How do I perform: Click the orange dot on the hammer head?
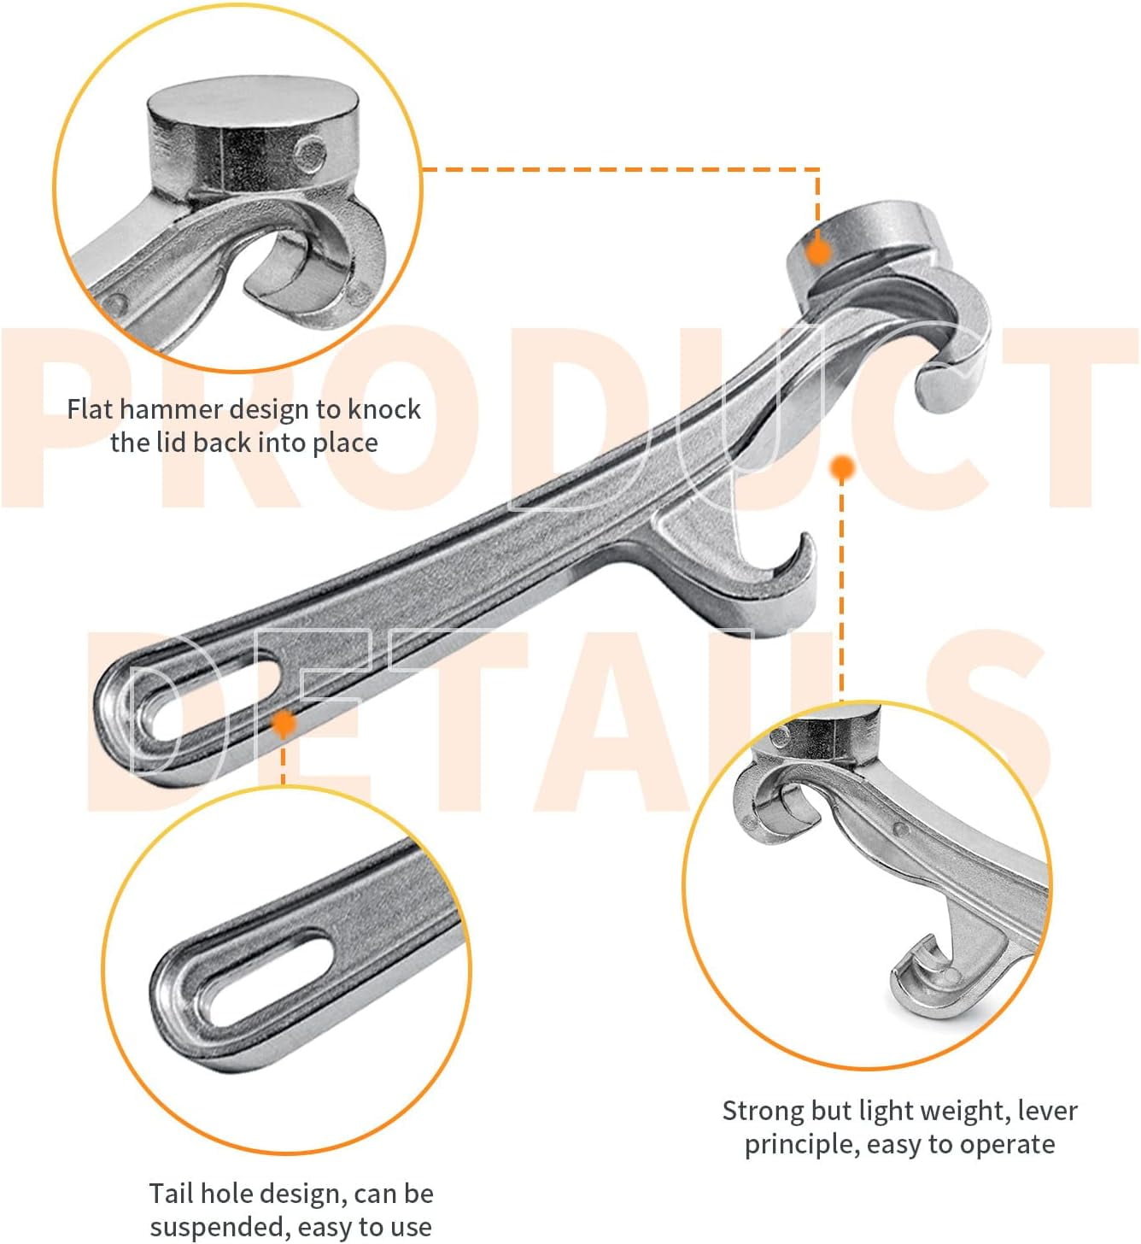[819, 251]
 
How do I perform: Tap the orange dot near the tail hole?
[284, 723]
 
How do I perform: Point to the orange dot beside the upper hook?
[842, 467]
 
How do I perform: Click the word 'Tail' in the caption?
[168, 1194]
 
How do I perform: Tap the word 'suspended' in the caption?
[220, 1227]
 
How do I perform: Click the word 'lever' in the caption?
[1050, 1111]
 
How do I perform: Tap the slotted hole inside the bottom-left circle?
[267, 981]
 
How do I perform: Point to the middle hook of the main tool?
[769, 580]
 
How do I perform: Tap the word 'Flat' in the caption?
[89, 409]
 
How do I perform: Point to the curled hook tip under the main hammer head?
[949, 384]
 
